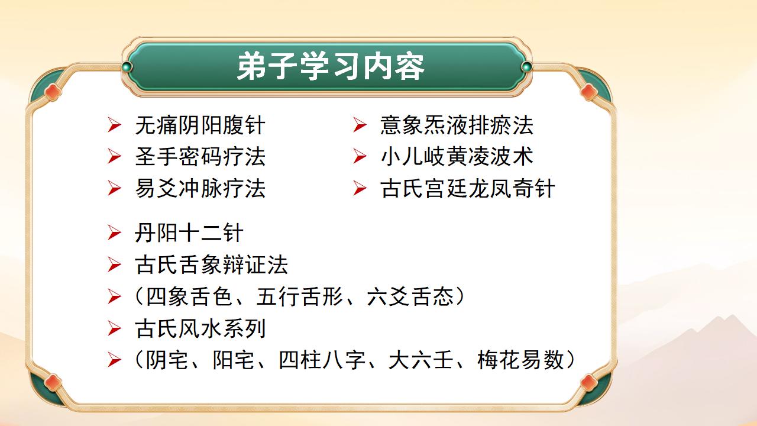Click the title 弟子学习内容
(x=330, y=67)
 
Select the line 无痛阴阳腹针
(x=200, y=125)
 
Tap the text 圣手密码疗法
(x=200, y=157)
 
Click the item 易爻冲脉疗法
(x=200, y=189)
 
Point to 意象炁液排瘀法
(x=457, y=125)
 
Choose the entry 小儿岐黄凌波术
(x=457, y=157)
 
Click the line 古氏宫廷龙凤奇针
(x=468, y=189)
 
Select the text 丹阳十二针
(x=189, y=233)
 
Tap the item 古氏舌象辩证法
(x=211, y=264)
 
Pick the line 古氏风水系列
(x=200, y=328)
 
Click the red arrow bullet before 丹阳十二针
(x=114, y=233)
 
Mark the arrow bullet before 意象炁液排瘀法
(x=360, y=125)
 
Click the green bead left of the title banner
(x=126, y=67)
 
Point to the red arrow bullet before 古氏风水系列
(x=114, y=328)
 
